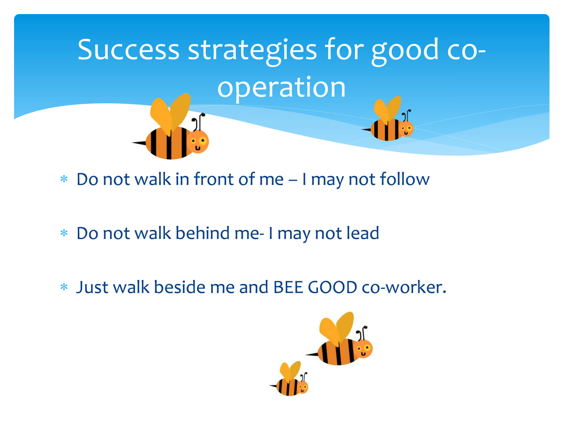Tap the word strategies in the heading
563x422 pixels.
252,51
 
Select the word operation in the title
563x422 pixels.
281,89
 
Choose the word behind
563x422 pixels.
202,233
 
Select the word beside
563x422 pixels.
179,287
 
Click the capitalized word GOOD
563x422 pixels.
333,287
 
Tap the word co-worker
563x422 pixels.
404,287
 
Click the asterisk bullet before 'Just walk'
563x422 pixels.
64,287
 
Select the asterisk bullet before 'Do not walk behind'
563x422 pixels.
64,233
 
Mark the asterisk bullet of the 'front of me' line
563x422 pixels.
64,179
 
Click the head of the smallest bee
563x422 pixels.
303,387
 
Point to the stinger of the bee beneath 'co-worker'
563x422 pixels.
312,354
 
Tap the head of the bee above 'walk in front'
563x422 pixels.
198,142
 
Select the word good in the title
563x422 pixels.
405,51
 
